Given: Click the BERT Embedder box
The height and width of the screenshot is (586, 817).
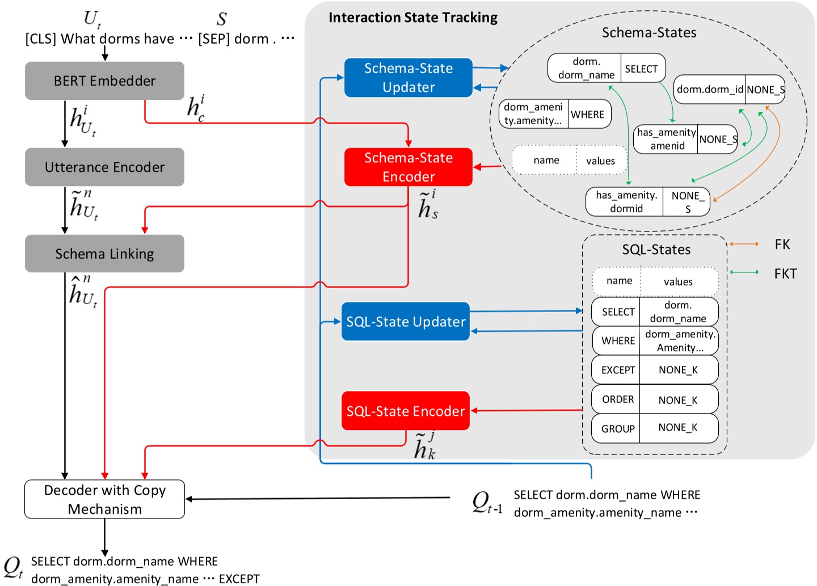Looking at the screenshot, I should pos(104,81).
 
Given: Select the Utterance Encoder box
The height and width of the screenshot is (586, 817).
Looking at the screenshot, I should pos(104,167).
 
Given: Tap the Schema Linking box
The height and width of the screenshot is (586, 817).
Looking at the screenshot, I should pos(104,254).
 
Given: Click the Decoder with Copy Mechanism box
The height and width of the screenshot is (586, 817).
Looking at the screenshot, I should pos(104,499).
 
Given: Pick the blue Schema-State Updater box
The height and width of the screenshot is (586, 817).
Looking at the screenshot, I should pos(408,78).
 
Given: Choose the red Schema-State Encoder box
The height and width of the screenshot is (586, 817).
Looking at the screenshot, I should pos(408,167).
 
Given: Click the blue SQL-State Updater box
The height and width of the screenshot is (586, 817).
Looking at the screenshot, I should pos(405,322).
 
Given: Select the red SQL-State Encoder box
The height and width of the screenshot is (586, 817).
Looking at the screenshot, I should pos(405,411).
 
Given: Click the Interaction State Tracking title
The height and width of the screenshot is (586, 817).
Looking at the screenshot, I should pos(412,18).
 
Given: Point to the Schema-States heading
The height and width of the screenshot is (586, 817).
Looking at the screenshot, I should pos(648,33).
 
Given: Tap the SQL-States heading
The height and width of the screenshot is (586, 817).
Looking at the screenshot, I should pos(656,250).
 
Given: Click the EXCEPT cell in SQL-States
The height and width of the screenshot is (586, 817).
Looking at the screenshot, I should pos(617,370).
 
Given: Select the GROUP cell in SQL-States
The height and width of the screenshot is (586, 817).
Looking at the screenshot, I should pos(617,429).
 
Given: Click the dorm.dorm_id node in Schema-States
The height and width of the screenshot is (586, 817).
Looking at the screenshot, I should pos(709,90).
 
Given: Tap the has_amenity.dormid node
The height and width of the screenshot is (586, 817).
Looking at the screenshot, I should pos(626,202).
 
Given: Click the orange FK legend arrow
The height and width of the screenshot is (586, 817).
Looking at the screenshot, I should pos(744,244).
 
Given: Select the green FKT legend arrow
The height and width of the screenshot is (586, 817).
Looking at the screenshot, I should pos(744,273).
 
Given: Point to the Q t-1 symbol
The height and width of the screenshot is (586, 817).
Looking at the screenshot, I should pos(486,503).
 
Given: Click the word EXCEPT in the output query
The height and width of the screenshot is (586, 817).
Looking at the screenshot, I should pos(239,579).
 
